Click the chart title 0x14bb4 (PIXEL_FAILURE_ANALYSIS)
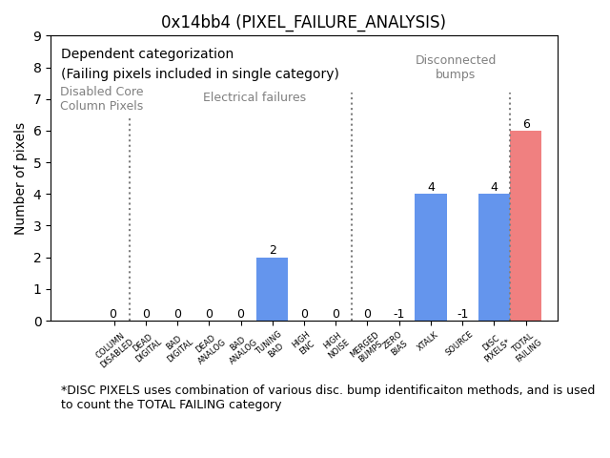[303, 22]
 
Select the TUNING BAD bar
[272, 289]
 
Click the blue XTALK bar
[431, 258]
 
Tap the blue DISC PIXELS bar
[494, 258]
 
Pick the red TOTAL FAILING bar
[525, 226]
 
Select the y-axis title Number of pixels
[20, 178]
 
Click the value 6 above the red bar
[526, 124]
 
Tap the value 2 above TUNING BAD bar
[273, 250]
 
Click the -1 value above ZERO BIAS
[398, 314]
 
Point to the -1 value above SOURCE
[462, 314]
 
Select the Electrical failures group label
[254, 97]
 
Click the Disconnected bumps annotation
[456, 67]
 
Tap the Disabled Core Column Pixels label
[101, 99]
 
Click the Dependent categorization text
[147, 54]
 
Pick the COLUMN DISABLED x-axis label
[115, 349]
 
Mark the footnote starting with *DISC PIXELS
[327, 397]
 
